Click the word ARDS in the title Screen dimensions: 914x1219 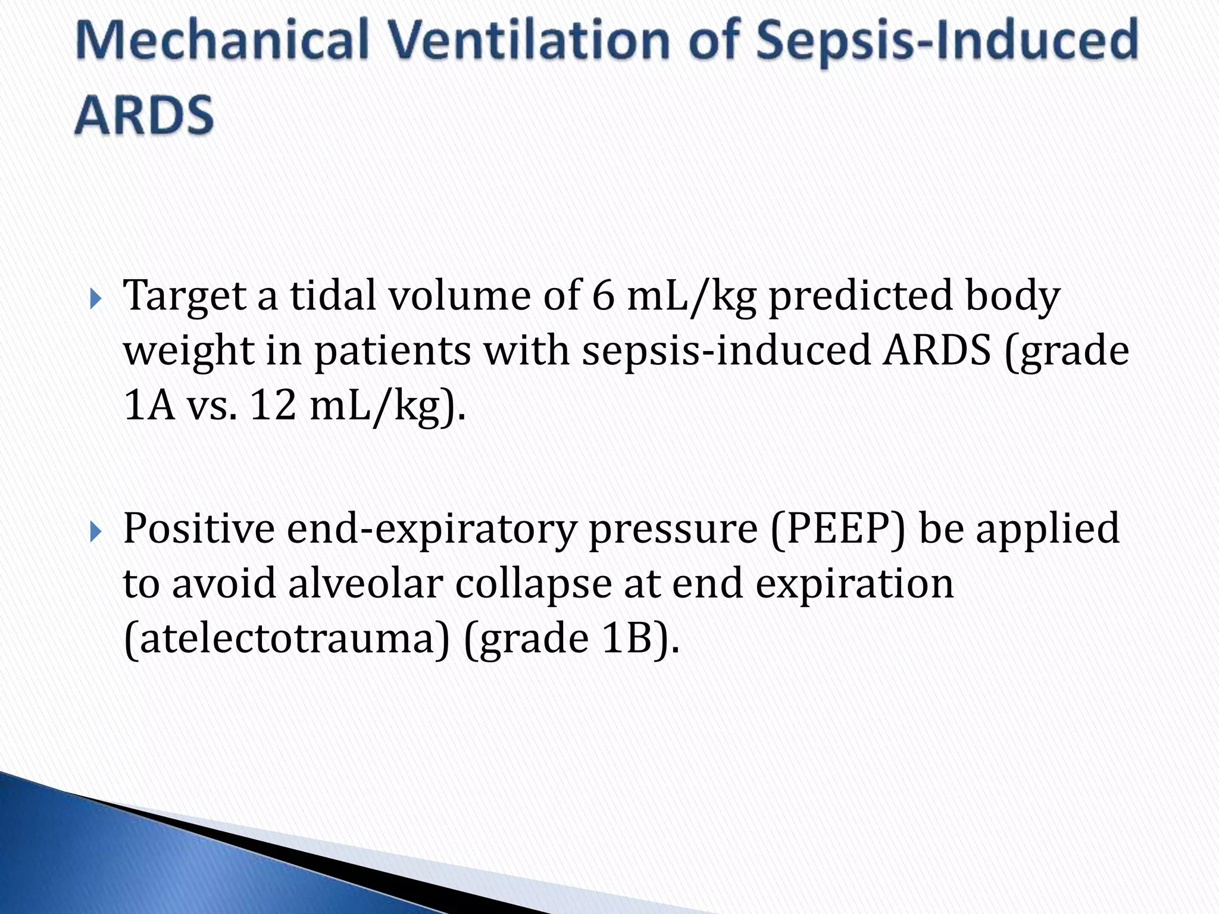click(x=144, y=114)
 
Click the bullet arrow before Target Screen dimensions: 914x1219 click(x=96, y=299)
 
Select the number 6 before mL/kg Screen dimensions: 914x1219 click(x=602, y=296)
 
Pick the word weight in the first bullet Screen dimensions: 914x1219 click(x=188, y=351)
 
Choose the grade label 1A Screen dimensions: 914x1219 click(x=149, y=406)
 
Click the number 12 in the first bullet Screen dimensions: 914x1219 click(x=273, y=406)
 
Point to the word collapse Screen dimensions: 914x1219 click(x=533, y=584)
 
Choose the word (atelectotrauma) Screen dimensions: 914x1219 click(x=286, y=638)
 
